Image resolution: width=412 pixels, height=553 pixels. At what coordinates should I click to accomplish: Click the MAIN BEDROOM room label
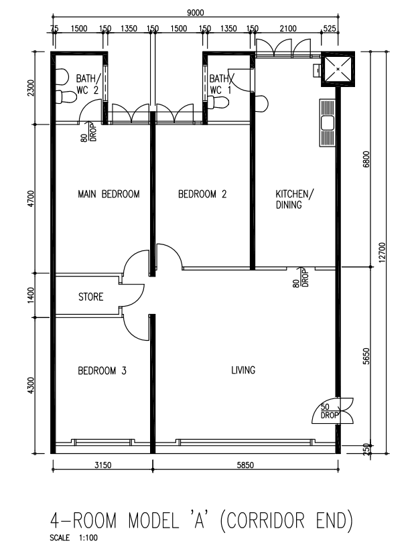(109, 195)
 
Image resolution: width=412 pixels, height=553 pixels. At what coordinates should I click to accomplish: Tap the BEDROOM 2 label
(202, 195)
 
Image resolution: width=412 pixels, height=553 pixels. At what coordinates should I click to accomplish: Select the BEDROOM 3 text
(102, 370)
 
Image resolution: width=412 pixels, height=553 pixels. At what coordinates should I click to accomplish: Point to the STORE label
(90, 297)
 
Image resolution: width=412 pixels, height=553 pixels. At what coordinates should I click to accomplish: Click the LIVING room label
(243, 370)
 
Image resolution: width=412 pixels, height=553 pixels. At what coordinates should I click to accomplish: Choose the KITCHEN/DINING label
(293, 200)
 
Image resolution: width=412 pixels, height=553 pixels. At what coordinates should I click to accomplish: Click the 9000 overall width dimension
(195, 11)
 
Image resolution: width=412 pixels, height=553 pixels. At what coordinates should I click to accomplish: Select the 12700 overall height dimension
(383, 253)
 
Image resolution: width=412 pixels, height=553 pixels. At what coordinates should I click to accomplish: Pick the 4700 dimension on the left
(30, 199)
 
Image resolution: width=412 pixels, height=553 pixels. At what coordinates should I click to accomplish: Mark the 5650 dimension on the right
(366, 359)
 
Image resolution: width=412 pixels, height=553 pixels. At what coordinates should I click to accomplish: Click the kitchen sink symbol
(328, 123)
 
